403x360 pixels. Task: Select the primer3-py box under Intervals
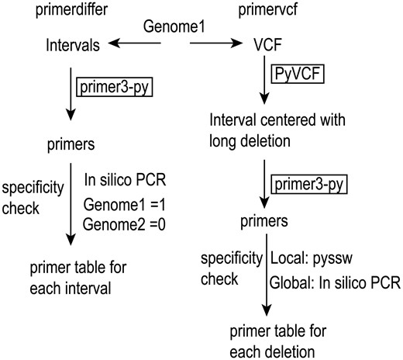pyautogui.click(x=115, y=87)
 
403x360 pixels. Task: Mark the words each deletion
pyautogui.click(x=267, y=350)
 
